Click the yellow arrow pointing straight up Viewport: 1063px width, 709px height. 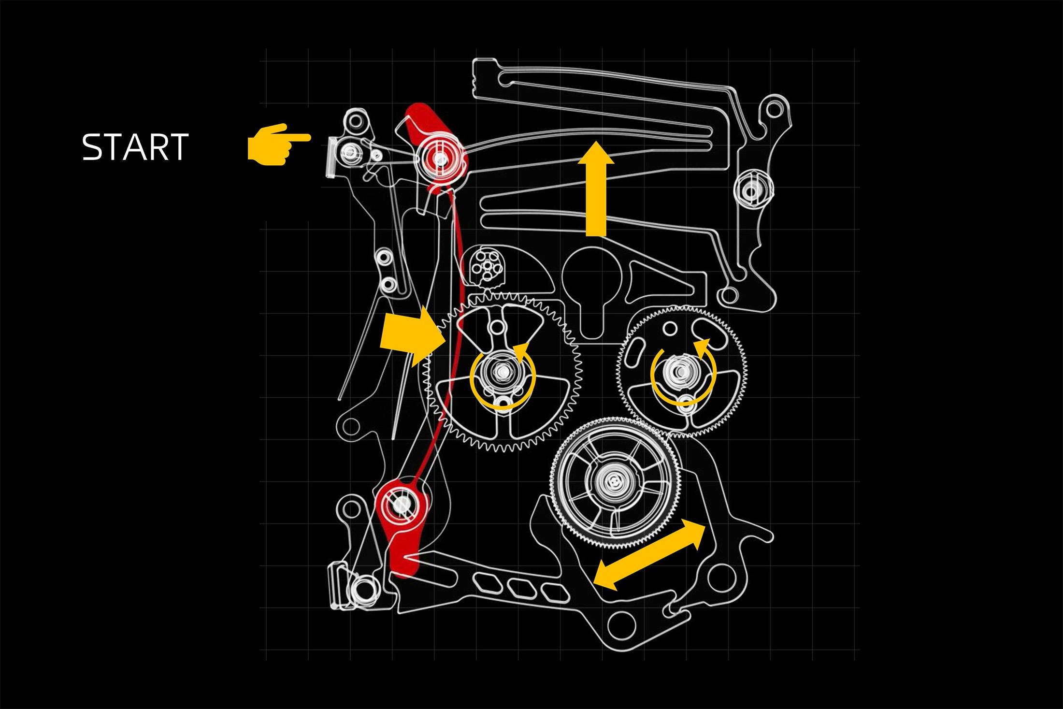click(x=596, y=188)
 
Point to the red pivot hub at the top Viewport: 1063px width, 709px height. click(x=440, y=159)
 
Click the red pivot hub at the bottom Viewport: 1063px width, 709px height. click(x=401, y=506)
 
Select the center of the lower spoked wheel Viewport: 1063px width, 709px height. click(x=614, y=481)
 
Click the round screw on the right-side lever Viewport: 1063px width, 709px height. click(x=751, y=192)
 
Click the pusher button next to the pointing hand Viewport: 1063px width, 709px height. click(x=332, y=156)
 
